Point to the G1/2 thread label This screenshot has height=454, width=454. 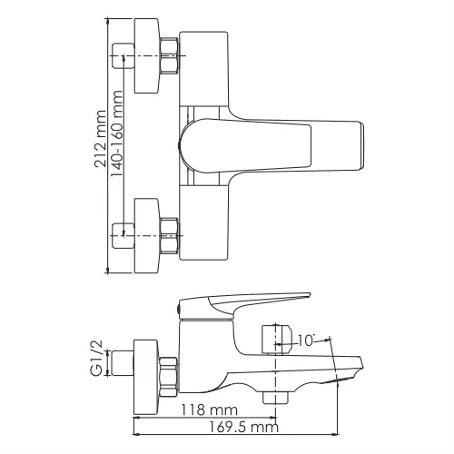pyautogui.click(x=100, y=357)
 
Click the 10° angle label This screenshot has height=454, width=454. pyautogui.click(x=306, y=340)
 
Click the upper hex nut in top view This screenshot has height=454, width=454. pyautogui.click(x=170, y=56)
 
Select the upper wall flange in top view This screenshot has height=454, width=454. pyautogui.click(x=145, y=56)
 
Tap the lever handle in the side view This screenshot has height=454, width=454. pyautogui.click(x=245, y=302)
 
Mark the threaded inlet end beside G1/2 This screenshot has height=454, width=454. pyautogui.click(x=123, y=370)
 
